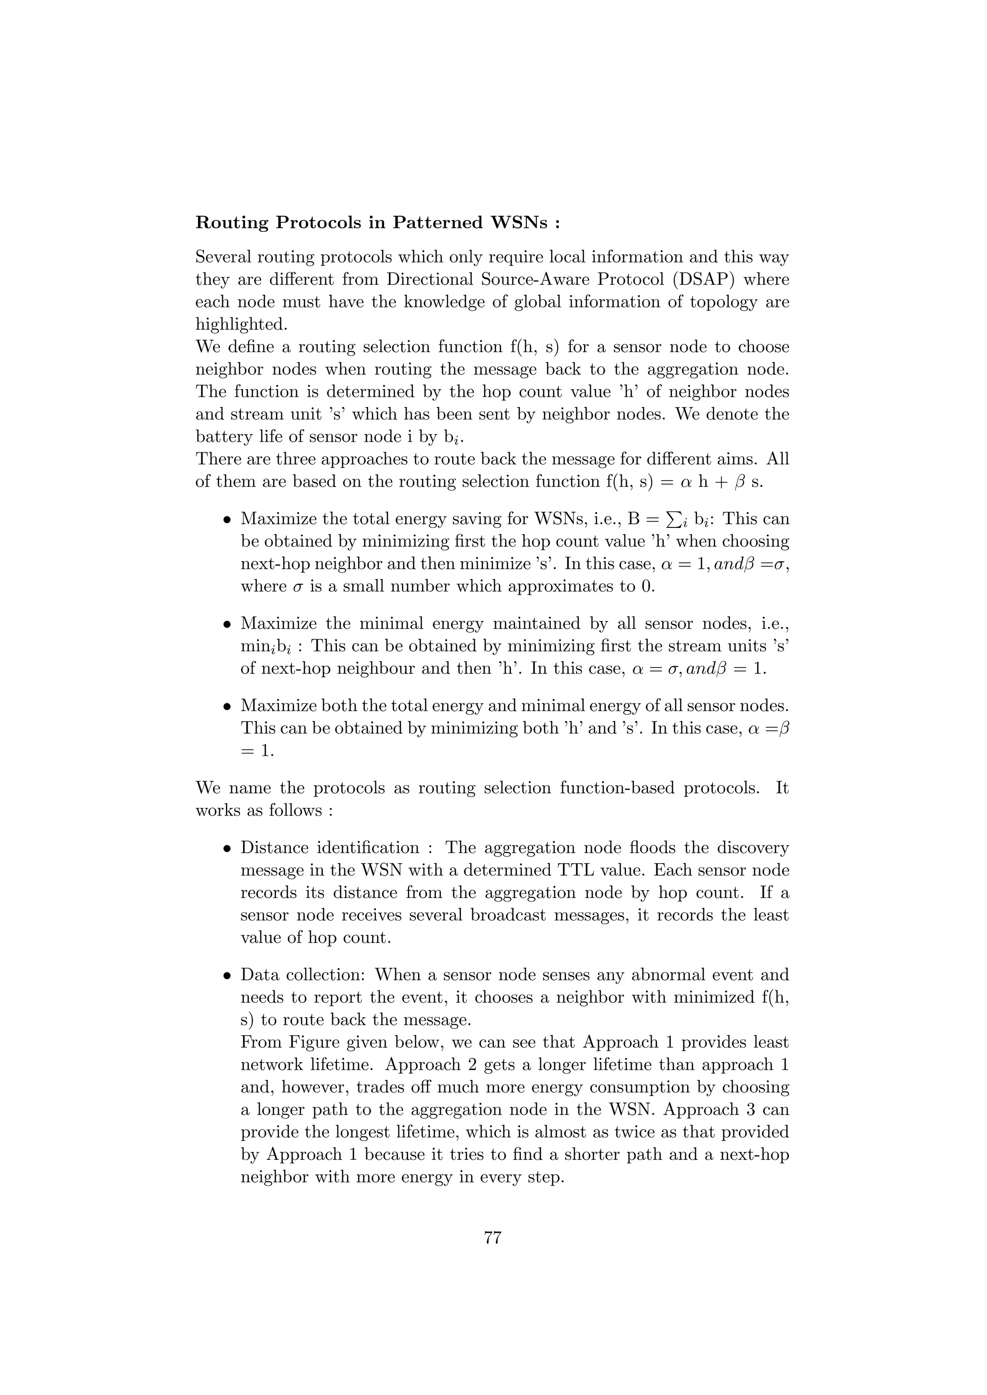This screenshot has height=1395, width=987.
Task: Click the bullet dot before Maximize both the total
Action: point(227,707)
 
